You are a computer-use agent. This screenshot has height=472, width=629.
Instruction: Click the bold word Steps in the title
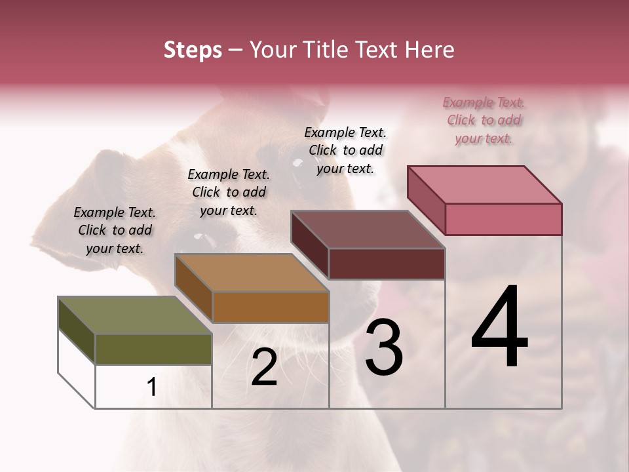point(193,50)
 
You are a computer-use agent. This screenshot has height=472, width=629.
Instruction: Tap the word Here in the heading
point(430,50)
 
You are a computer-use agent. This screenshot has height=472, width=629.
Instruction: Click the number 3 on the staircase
point(383,348)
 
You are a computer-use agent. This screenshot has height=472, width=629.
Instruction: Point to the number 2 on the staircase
point(264,367)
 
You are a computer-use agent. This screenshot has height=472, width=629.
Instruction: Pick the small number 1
point(152,387)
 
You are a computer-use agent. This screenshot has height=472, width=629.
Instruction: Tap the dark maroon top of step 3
point(368,229)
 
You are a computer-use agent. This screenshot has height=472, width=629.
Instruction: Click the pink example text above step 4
point(484,121)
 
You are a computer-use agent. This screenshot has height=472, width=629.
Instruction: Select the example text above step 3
point(345,150)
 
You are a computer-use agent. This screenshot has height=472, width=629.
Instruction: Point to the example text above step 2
point(229,192)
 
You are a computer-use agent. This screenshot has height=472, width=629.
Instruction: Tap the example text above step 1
point(115,230)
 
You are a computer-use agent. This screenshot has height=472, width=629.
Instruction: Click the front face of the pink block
point(503,219)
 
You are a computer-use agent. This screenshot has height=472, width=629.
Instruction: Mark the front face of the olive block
point(153,349)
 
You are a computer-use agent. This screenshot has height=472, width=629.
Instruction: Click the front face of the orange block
point(271,307)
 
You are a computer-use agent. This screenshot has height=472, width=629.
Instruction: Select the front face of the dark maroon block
point(387,264)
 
